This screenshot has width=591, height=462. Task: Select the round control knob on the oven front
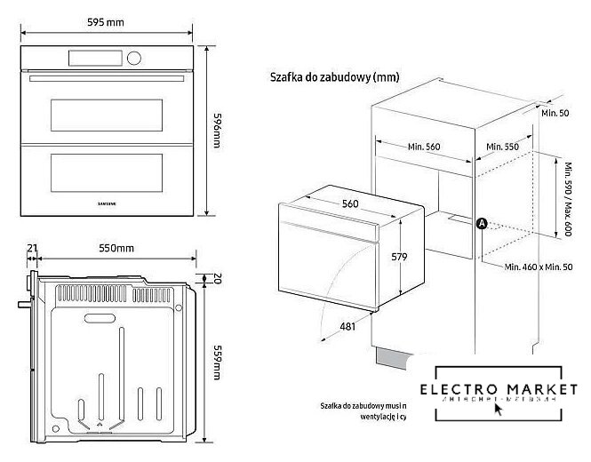click(x=135, y=59)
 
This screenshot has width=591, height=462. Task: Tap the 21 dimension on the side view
click(x=33, y=248)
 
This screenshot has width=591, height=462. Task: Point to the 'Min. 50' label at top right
click(x=556, y=115)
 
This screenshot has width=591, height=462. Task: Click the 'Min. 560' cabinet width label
click(x=424, y=147)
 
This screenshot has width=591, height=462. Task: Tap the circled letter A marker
click(x=481, y=224)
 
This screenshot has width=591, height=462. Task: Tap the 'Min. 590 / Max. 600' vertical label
click(x=566, y=197)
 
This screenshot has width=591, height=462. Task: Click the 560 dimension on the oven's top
click(x=350, y=203)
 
